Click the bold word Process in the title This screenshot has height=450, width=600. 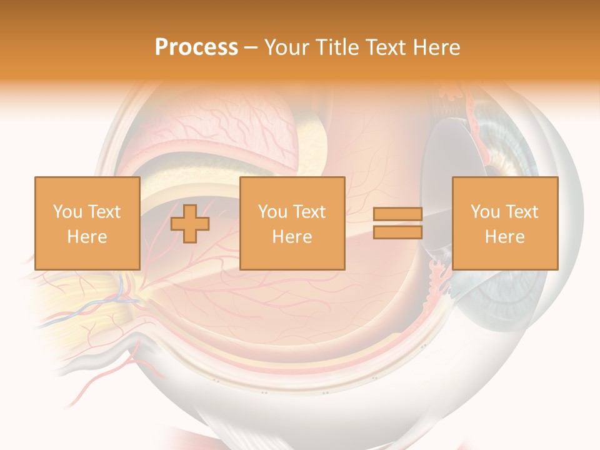[196, 47]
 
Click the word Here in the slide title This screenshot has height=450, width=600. [436, 47]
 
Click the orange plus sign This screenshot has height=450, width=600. [191, 224]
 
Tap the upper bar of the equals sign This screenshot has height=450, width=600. [397, 214]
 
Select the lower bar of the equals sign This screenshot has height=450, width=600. [397, 232]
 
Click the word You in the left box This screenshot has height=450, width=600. [66, 212]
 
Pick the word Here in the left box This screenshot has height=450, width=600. [87, 237]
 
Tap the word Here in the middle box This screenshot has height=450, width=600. [292, 237]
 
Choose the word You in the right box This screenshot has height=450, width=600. [484, 212]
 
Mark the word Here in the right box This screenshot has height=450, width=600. [505, 237]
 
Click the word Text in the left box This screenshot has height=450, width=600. [104, 212]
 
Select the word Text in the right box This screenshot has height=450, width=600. [522, 212]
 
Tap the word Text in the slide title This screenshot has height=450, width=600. [384, 47]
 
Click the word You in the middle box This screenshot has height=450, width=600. [272, 212]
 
